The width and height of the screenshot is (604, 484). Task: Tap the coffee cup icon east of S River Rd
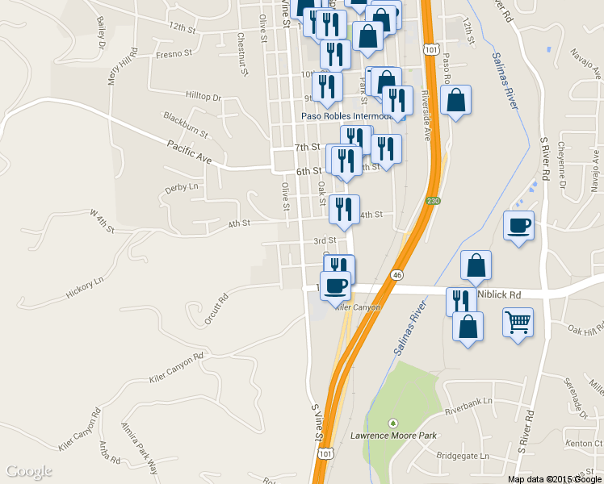(518, 226)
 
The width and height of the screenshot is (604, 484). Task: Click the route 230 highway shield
(434, 201)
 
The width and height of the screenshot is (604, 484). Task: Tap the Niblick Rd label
(499, 294)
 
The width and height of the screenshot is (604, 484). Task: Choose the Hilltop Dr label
(203, 97)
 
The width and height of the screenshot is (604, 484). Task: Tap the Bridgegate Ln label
(463, 456)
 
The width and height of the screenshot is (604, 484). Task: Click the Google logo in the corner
(28, 471)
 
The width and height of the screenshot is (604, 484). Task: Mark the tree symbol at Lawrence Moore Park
(393, 423)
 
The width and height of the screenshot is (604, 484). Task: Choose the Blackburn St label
(186, 123)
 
